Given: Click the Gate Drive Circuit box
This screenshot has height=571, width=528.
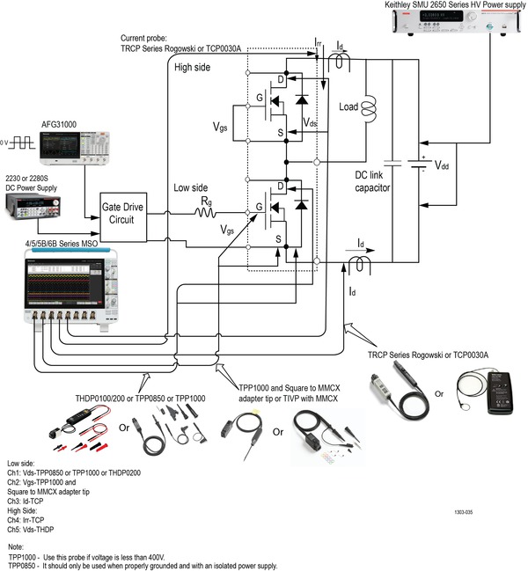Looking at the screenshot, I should (x=122, y=216).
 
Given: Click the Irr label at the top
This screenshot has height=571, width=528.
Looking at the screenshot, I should (x=319, y=41).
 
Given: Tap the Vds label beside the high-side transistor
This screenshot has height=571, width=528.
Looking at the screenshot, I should (x=310, y=122).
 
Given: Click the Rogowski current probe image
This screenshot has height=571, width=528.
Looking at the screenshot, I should (x=407, y=394).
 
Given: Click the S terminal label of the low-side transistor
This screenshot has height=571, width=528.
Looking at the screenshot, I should (x=280, y=238).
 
